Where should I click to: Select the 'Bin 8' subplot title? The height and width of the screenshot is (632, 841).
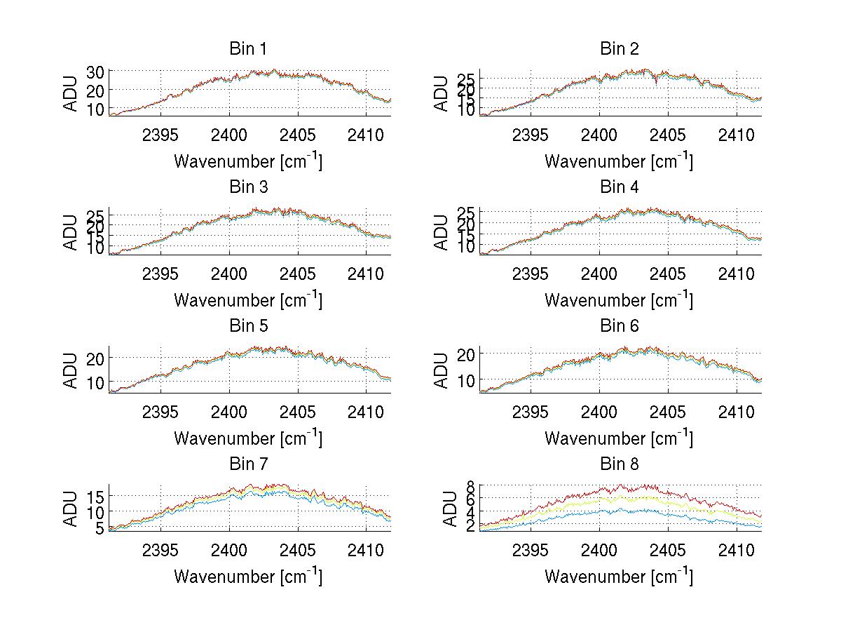coord(620,464)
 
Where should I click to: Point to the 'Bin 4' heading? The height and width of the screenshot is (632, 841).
coord(620,187)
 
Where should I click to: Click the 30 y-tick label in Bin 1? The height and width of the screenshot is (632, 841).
coord(95,72)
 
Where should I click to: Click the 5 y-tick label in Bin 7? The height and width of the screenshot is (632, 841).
coord(100,527)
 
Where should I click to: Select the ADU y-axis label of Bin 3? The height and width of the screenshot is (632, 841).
coord(71,232)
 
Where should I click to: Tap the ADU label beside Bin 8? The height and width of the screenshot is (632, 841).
coord(442,509)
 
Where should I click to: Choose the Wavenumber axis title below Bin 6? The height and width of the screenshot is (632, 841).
coord(620,438)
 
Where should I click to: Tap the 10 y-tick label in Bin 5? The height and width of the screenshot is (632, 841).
coord(95,382)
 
